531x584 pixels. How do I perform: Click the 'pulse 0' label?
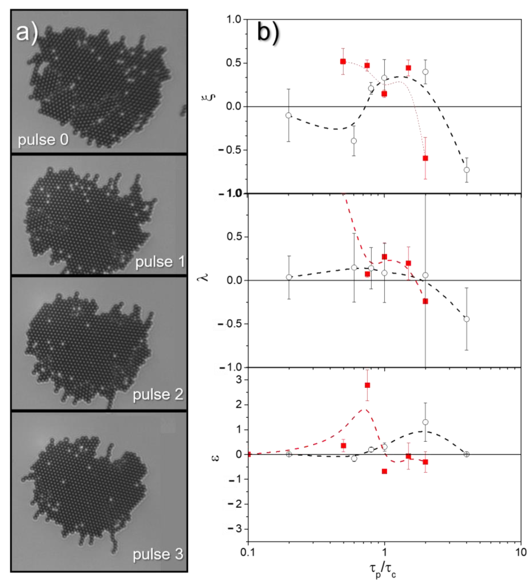pos(43,140)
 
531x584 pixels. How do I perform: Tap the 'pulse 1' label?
pos(160,262)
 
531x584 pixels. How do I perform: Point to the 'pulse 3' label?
pos(158,554)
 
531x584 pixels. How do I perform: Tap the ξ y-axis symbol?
pos(212,94)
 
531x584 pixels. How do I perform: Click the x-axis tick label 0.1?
pos(248,552)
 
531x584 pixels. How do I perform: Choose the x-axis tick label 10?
pos(521,552)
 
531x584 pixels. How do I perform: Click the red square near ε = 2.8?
pos(367,385)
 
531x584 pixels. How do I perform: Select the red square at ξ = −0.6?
pos(425,158)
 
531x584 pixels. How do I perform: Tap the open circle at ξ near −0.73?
pos(466,170)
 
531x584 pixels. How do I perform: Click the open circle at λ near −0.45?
pos(466,319)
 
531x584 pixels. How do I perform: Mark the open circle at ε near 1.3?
pos(425,422)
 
